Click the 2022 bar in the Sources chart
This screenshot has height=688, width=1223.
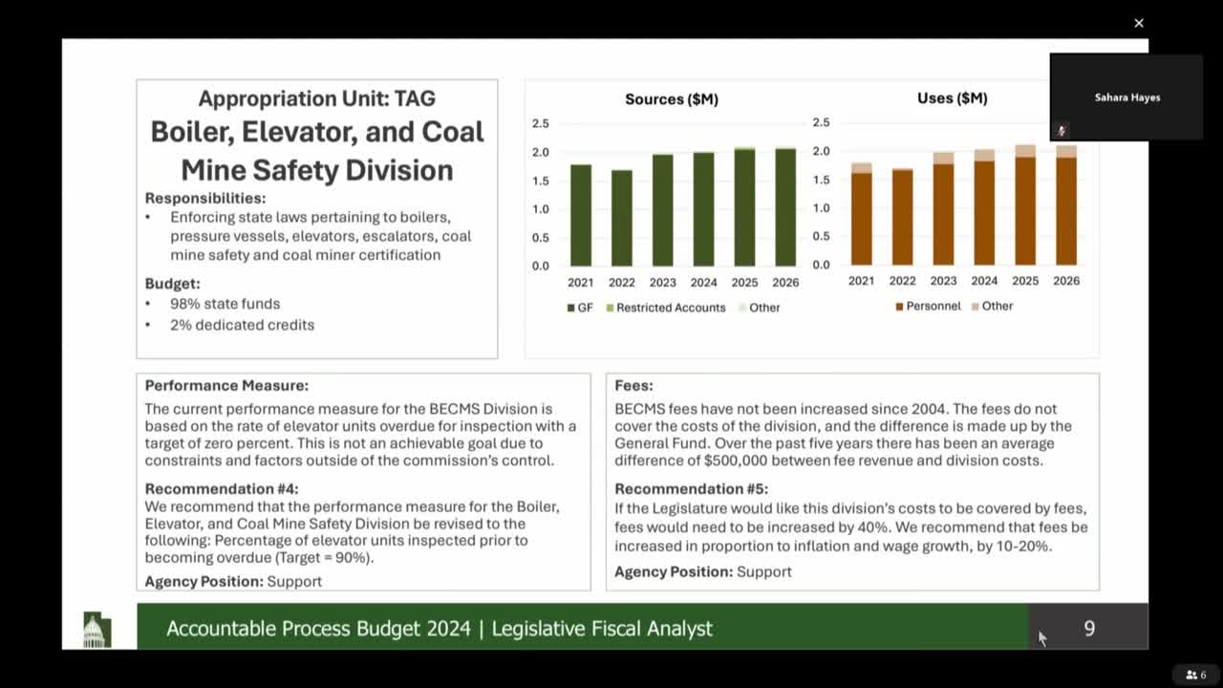(621, 218)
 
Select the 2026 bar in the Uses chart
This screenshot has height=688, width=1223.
(1065, 205)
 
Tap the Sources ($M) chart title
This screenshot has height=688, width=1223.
(672, 98)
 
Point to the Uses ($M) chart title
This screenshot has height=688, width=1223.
(952, 97)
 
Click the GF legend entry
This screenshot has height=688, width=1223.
(579, 308)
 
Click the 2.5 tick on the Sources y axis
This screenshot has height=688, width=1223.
(541, 123)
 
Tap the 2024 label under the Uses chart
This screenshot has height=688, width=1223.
(984, 281)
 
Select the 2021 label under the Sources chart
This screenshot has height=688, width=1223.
(580, 282)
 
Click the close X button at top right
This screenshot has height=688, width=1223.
(1139, 23)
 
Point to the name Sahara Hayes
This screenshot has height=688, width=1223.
(1127, 97)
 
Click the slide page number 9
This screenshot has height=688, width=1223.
(1089, 628)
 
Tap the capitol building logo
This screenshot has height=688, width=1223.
(97, 630)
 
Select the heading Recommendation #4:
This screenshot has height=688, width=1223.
(222, 489)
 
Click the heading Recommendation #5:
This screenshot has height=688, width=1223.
(691, 489)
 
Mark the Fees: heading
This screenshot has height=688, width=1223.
(633, 386)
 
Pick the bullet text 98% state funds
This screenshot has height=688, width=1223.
(225, 304)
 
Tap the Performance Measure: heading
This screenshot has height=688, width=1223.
(226, 386)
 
